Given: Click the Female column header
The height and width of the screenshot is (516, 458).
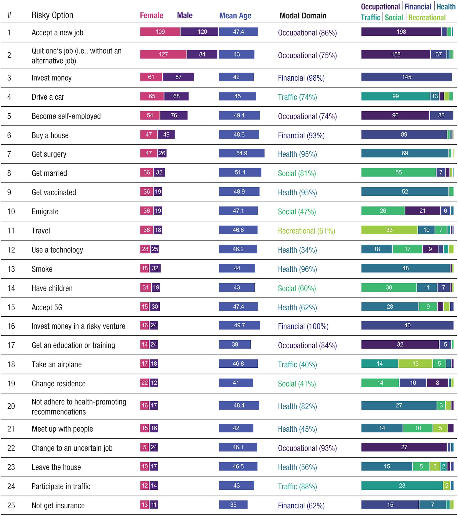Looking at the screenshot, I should (151, 16).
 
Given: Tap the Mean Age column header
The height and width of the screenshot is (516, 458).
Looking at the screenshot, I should (235, 16).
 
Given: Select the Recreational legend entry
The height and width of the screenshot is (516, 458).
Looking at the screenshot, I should (427, 18).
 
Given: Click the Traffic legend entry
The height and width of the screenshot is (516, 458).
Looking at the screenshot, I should (370, 18).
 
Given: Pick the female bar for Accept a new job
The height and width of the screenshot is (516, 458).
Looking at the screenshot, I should (160, 32).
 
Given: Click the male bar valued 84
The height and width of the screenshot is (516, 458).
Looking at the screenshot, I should (202, 54).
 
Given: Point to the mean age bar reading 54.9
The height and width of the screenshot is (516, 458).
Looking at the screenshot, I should (242, 153).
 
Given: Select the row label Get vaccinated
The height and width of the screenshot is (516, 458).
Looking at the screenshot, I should (54, 193).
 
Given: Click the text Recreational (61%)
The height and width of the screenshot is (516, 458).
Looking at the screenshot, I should (306, 231).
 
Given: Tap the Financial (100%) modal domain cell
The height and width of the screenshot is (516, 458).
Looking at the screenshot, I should (303, 326).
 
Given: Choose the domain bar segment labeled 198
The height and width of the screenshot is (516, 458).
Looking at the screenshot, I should (401, 32).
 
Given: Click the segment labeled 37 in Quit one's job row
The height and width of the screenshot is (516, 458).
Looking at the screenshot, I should (438, 54).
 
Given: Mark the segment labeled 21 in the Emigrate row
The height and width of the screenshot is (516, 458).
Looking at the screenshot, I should (422, 211).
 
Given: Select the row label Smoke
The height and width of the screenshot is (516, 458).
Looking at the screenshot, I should (42, 269).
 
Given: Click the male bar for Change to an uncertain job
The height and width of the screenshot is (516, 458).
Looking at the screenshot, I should (154, 448).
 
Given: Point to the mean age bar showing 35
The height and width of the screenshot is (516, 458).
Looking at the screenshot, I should (233, 505).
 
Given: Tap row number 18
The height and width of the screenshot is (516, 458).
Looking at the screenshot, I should (11, 365).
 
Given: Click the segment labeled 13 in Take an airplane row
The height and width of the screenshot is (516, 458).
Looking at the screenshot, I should (415, 364).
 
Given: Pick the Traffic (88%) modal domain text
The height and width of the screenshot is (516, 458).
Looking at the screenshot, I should (297, 487).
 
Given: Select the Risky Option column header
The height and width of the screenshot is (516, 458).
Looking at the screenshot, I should (53, 15).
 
